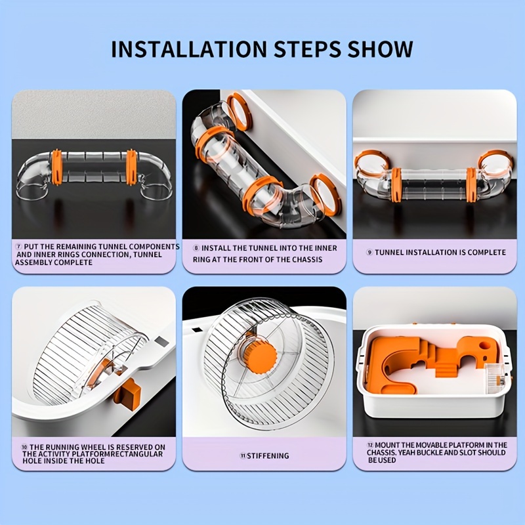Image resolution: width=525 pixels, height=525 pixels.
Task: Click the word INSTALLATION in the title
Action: coord(188,49)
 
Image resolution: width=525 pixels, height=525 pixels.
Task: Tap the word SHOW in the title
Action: coord(380,49)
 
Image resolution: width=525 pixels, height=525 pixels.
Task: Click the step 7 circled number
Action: coord(19,247)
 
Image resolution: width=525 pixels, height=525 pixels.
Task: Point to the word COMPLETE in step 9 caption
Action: coord(486,253)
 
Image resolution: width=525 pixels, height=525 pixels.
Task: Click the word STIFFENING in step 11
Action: coord(268,455)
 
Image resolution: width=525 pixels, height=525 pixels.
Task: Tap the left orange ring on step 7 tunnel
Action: coord(56,167)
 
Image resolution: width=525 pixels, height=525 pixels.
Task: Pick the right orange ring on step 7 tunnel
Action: coord(132,167)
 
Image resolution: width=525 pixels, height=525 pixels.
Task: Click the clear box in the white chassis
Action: coord(495,379)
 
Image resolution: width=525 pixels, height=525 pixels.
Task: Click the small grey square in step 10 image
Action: coord(162,342)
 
